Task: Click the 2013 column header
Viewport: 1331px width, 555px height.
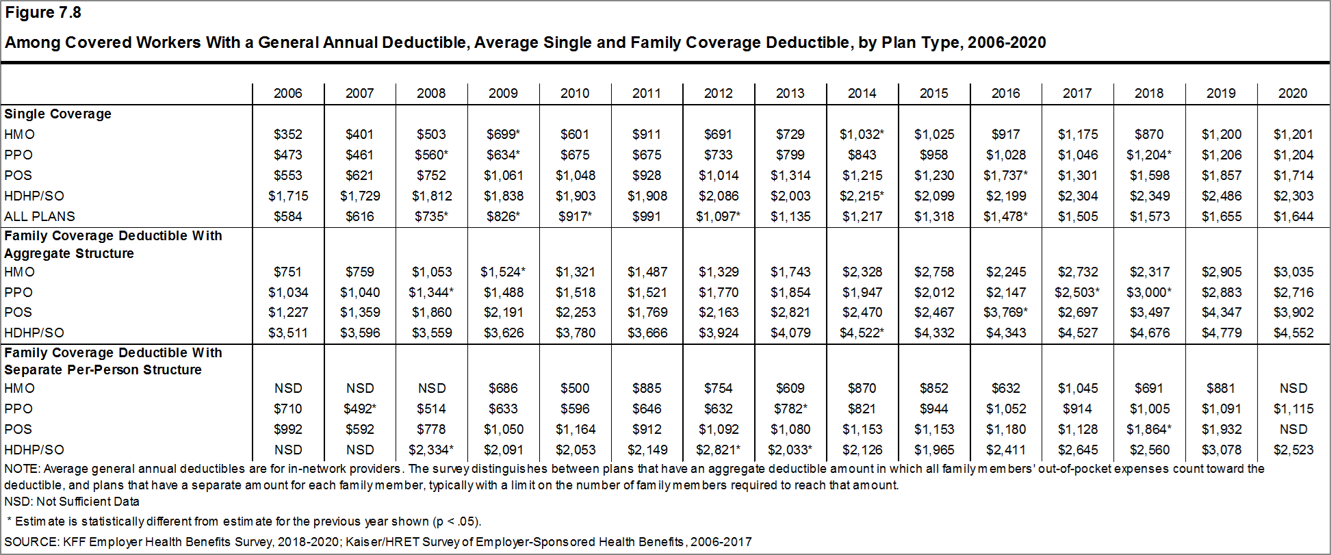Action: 790,93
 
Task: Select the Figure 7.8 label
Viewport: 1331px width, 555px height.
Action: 43,12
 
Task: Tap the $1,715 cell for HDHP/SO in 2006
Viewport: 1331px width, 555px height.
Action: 288,196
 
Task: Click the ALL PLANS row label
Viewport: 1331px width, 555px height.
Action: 40,216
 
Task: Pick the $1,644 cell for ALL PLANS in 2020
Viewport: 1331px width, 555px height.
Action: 1293,216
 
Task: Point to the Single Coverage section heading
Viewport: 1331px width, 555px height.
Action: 57,114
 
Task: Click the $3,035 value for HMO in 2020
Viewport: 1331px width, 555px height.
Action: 1293,272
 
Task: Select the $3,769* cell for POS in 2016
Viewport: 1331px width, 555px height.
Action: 1005,312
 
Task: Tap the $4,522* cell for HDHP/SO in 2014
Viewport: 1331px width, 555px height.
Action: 862,333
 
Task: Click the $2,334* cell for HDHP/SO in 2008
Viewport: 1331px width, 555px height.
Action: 432,450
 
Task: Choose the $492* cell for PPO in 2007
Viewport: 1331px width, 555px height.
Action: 360,409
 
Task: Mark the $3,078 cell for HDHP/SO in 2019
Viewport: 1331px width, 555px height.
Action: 1221,450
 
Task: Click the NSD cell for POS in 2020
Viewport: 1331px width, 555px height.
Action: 1293,429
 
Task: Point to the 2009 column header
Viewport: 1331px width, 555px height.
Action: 503,93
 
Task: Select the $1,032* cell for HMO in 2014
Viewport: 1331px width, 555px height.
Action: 862,134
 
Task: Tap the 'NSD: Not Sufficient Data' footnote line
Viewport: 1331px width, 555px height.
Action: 71,501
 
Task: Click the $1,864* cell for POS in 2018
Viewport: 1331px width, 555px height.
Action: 1149,429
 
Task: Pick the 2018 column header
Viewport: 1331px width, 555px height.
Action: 1148,93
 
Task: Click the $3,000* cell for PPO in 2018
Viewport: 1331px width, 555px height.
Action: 1149,292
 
